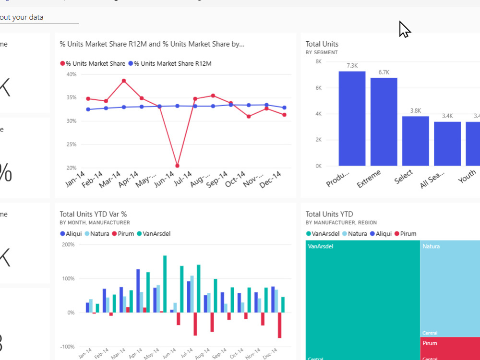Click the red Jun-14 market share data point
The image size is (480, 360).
point(178,166)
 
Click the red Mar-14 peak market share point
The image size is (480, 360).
point(124,81)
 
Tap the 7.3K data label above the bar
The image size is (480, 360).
point(352,66)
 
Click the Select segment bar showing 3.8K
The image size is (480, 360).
point(415,141)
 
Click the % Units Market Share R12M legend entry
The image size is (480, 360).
point(172,63)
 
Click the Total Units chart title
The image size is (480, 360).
point(322,44)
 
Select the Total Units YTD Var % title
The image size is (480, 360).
point(93,214)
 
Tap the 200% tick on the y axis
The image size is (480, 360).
point(68,245)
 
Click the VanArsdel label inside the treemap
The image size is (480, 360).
point(321,246)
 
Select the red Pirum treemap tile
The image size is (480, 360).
point(450,348)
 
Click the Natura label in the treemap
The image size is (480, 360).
point(431,246)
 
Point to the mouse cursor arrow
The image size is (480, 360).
point(404,29)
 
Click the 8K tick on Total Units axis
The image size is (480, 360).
point(318,61)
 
